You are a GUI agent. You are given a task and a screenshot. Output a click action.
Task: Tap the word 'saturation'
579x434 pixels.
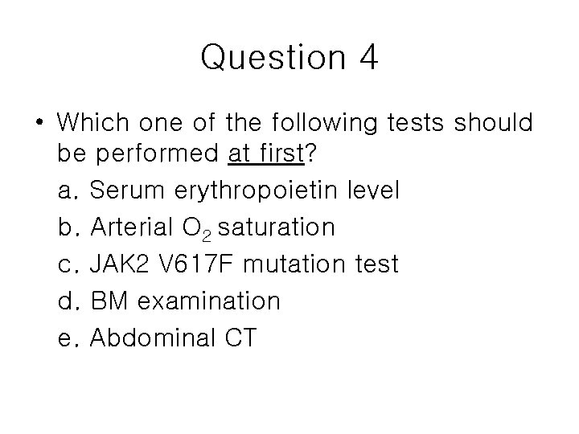tap(276, 228)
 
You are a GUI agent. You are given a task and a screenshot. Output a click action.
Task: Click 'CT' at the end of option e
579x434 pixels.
tap(237, 338)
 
